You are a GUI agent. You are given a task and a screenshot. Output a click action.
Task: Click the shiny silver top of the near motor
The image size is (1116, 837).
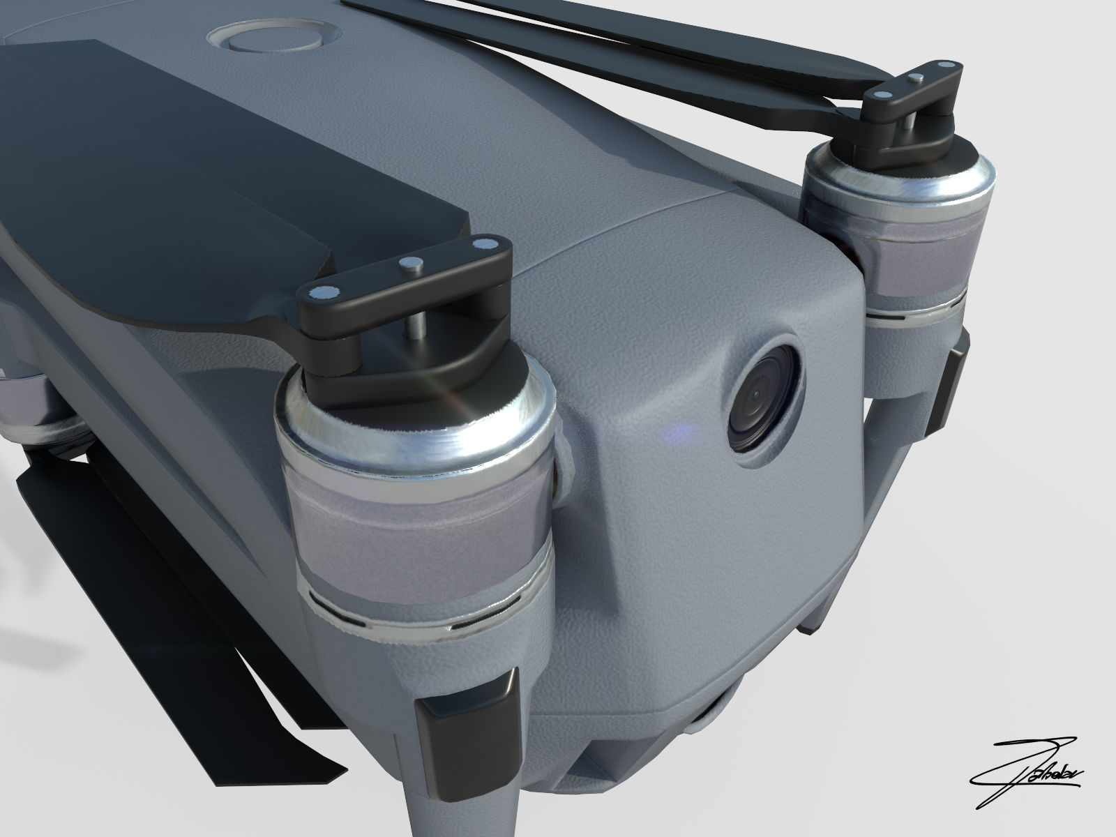click(x=418, y=436)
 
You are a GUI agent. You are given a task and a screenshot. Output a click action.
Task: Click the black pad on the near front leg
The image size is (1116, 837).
click(x=467, y=725)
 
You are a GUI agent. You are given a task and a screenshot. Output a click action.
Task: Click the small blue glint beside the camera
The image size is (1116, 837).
click(x=675, y=435)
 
